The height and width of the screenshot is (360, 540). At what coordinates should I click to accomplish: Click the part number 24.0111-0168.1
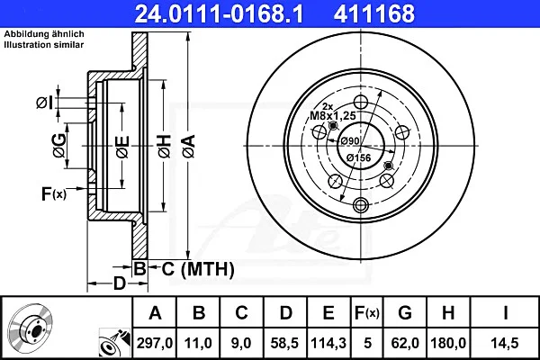coord(219,13)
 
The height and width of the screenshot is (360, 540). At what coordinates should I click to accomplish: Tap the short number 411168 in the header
coord(374,13)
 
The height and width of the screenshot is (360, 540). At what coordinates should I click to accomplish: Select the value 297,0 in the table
coord(154,343)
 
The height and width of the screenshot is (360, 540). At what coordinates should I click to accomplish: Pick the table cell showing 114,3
coord(328,343)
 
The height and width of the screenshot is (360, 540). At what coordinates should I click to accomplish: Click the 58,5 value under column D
coord(284,343)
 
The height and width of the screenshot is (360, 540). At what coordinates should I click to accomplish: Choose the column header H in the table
coord(448,313)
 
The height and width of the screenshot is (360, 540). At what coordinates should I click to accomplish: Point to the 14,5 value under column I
coord(505,343)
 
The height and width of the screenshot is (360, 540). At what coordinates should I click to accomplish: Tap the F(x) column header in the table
coord(367,313)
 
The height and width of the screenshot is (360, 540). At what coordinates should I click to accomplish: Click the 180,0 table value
coord(448,343)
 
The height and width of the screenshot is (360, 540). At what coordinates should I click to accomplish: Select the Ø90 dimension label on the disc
coord(350,141)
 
